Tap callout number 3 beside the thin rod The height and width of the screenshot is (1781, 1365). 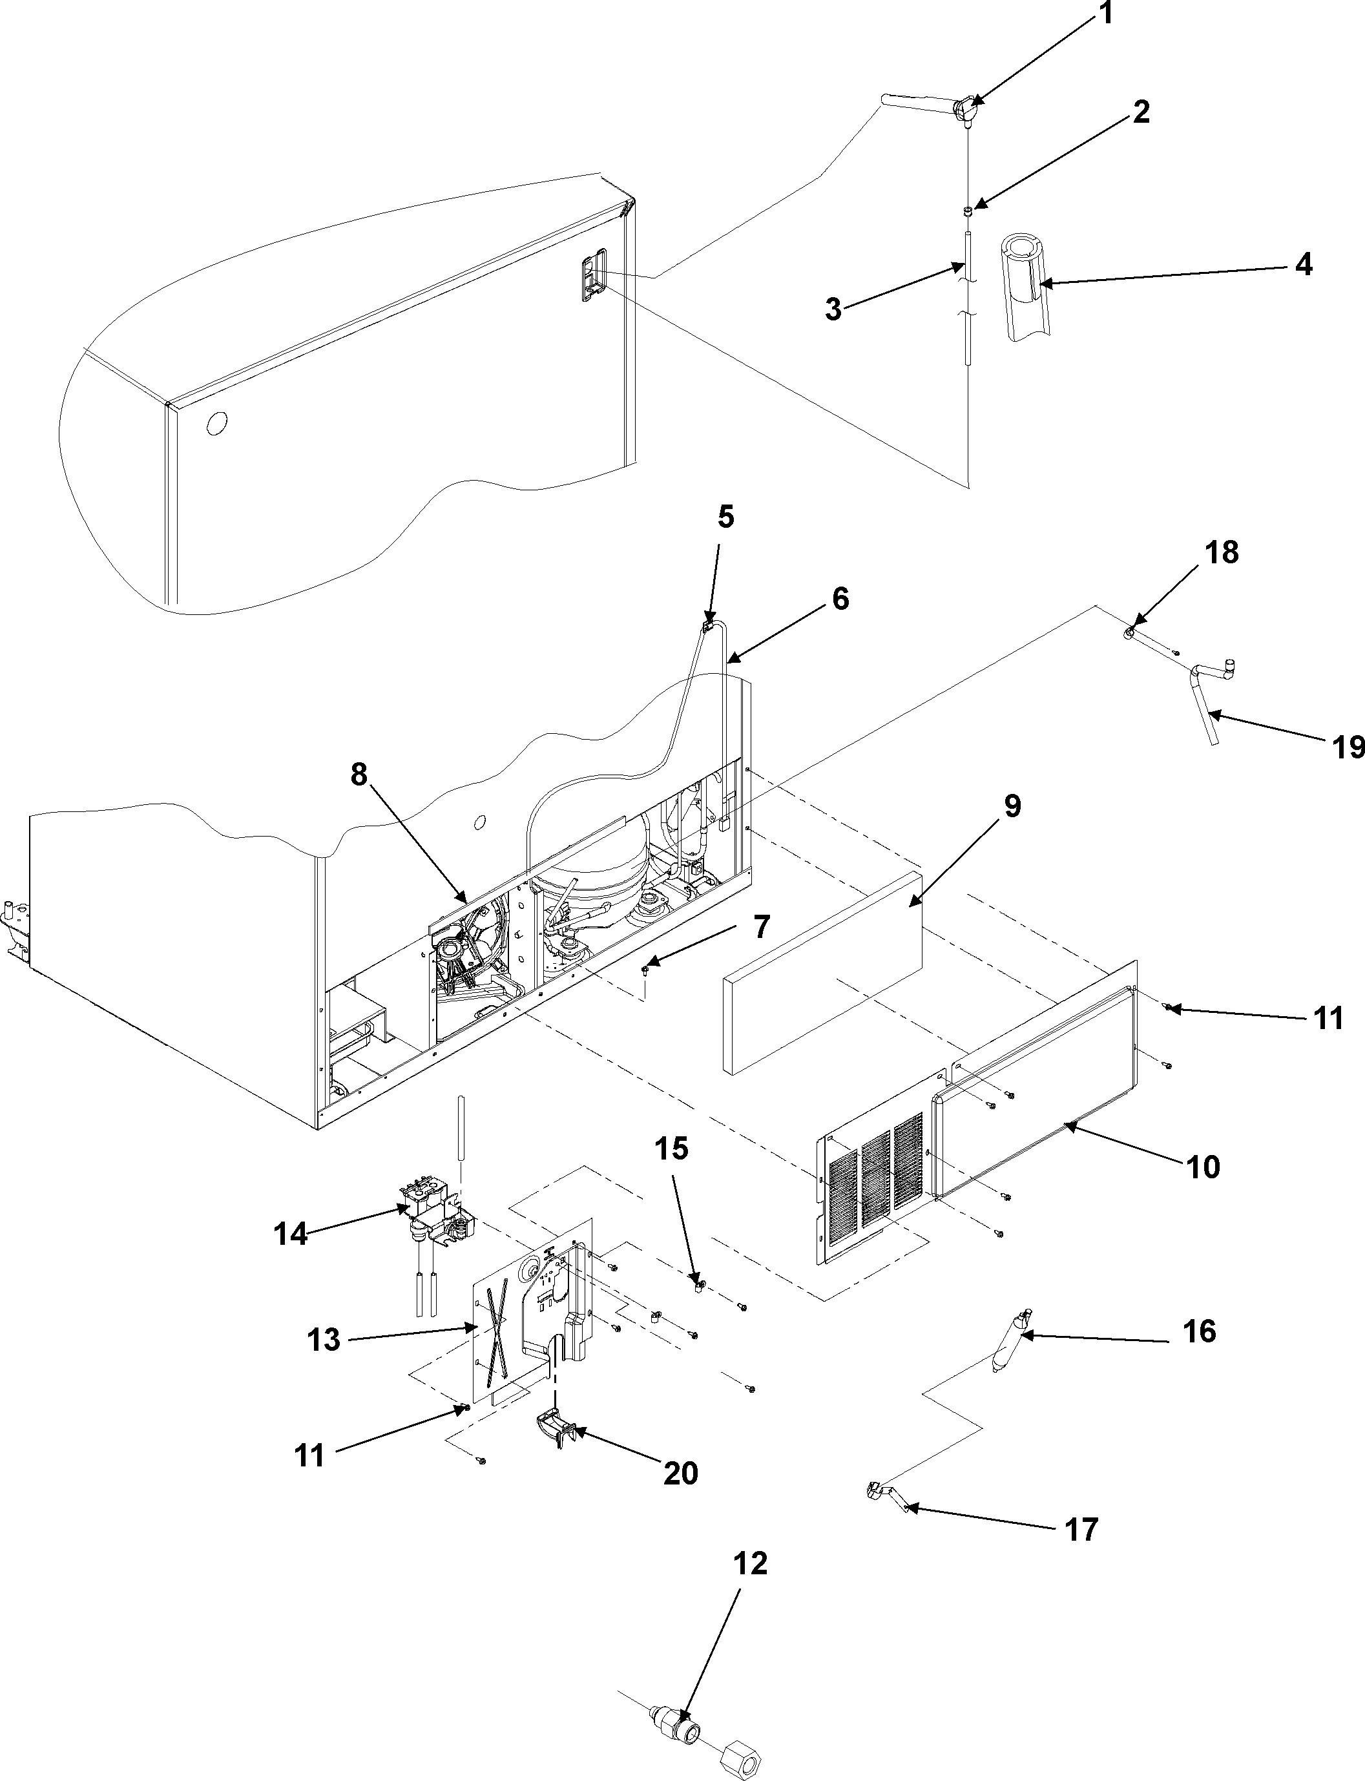(x=833, y=309)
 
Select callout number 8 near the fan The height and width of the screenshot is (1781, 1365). (x=359, y=775)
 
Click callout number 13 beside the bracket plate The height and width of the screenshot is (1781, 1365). (x=324, y=1340)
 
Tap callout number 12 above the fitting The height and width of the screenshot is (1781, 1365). (x=750, y=1563)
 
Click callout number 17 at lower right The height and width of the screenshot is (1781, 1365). (x=1081, y=1529)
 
